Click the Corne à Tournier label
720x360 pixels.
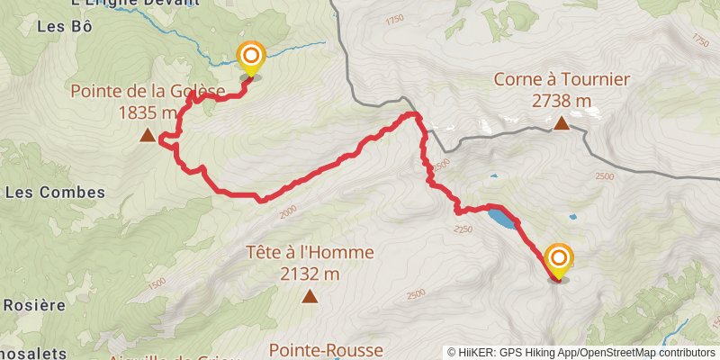pos(561,79)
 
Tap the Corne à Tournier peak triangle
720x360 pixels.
pos(562,124)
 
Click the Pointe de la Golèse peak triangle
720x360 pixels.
pos(147,137)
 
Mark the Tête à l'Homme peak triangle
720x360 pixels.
pos(310,295)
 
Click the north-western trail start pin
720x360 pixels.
pos(250,59)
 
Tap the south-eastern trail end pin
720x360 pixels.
pos(559,261)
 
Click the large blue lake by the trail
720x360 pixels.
pos(502,218)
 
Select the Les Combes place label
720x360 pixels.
pos(55,193)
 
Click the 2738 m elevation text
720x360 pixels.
pos(561,101)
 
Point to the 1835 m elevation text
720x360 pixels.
pos(148,112)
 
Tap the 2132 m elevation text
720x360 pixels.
pos(310,274)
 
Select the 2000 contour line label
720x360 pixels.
pos(287,211)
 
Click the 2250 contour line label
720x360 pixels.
pos(463,231)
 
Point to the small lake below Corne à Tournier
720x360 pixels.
pos(493,178)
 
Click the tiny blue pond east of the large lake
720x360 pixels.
pos(573,217)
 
